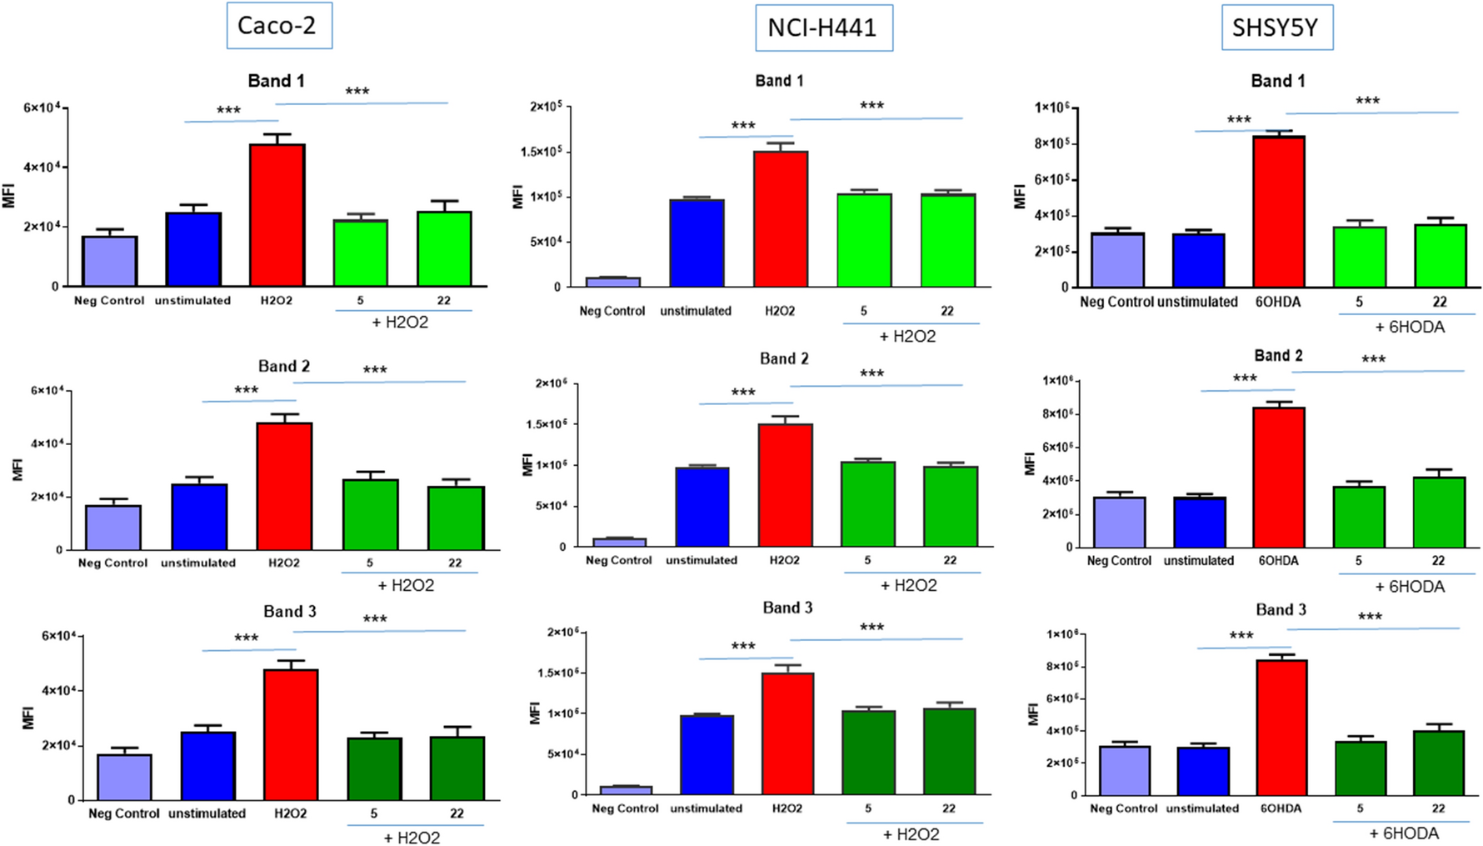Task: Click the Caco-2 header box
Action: tap(278, 26)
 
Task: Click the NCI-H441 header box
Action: tap(822, 28)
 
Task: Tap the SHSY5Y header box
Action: tap(1276, 28)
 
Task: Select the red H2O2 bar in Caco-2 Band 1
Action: tap(277, 215)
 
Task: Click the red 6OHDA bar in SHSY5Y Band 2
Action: tap(1278, 477)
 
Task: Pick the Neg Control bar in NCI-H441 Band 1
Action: tap(612, 282)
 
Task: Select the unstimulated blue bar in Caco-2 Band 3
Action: tap(207, 766)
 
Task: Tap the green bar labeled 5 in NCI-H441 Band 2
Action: tap(867, 504)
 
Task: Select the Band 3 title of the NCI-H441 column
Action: tap(786, 608)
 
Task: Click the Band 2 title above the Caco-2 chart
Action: tap(283, 366)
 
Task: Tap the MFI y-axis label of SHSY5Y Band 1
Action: tap(1020, 197)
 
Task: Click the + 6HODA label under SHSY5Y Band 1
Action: tap(1409, 327)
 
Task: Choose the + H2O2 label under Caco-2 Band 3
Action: tap(412, 838)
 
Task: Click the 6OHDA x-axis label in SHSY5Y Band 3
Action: tap(1280, 808)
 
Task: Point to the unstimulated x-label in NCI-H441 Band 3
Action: tap(706, 808)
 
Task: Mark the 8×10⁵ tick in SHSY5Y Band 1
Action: tap(1051, 143)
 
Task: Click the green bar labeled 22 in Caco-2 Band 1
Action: tap(444, 248)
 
